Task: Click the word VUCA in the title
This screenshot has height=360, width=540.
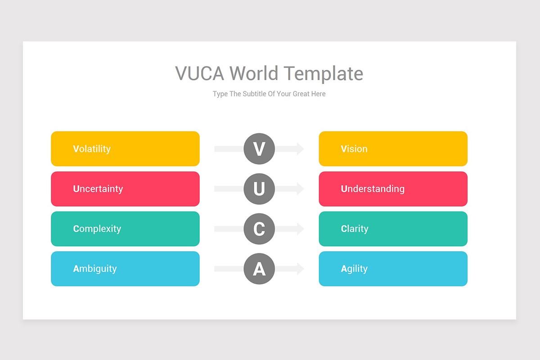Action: pyautogui.click(x=199, y=73)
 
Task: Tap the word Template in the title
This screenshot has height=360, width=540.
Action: pyautogui.click(x=323, y=73)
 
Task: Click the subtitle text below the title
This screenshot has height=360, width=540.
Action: pyautogui.click(x=269, y=94)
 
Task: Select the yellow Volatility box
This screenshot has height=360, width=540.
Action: pyautogui.click(x=125, y=149)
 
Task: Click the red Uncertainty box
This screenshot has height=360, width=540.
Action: pyautogui.click(x=125, y=189)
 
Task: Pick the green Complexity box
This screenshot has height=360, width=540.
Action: pyautogui.click(x=125, y=229)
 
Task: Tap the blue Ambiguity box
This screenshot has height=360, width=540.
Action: pyautogui.click(x=125, y=269)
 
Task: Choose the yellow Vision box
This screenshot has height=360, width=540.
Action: pyautogui.click(x=393, y=149)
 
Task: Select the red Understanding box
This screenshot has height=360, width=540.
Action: pyautogui.click(x=393, y=189)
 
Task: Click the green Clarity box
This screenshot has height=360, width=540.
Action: pyautogui.click(x=393, y=229)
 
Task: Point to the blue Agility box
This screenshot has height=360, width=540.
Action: pyautogui.click(x=393, y=269)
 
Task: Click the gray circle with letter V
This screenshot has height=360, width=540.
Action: pyautogui.click(x=259, y=149)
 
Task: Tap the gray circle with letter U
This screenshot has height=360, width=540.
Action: pyautogui.click(x=259, y=189)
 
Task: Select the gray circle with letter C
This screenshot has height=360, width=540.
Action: pyautogui.click(x=259, y=229)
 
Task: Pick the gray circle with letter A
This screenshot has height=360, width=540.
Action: pyautogui.click(x=259, y=269)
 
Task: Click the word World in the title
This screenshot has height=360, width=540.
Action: pyautogui.click(x=254, y=73)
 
